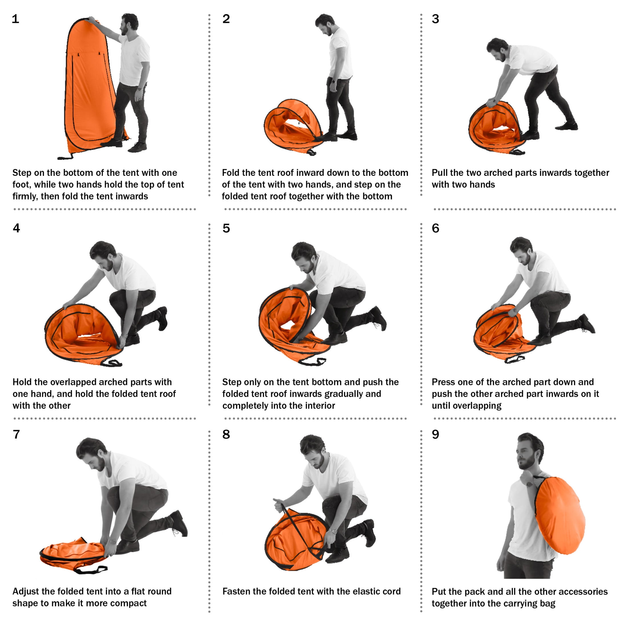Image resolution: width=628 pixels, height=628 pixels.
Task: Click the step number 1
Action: [x=15, y=19]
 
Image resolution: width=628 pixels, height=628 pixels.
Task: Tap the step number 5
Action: [x=226, y=228]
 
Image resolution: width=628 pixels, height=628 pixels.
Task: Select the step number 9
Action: [x=436, y=434]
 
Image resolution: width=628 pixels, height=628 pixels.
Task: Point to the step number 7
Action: [x=16, y=434]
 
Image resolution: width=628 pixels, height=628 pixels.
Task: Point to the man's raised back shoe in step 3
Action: [x=566, y=126]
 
